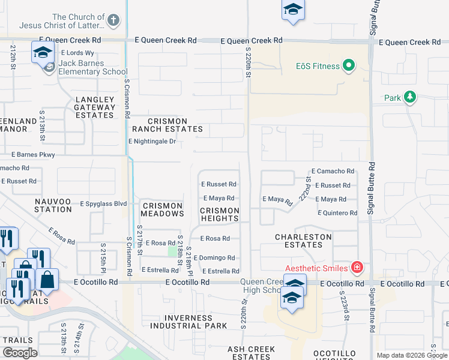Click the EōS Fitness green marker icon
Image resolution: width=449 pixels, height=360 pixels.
[x=348, y=66]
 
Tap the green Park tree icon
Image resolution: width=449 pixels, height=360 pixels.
[x=409, y=97]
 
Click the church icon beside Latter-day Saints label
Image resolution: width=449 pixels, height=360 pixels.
[x=113, y=20]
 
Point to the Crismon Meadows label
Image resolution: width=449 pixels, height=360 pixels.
[x=162, y=209]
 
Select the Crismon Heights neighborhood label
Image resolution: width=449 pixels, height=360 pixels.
[x=219, y=214]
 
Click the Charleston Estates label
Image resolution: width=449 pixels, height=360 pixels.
[x=303, y=241]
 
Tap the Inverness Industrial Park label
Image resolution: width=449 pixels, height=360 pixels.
[x=188, y=322]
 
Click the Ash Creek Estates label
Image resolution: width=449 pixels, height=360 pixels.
[x=251, y=353]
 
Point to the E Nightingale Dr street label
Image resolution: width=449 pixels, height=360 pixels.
[x=152, y=142]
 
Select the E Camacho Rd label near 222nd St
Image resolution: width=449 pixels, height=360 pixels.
[x=333, y=172]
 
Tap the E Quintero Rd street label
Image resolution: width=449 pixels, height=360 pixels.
[x=337, y=213]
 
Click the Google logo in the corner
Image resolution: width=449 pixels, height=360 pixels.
[x=19, y=353]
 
